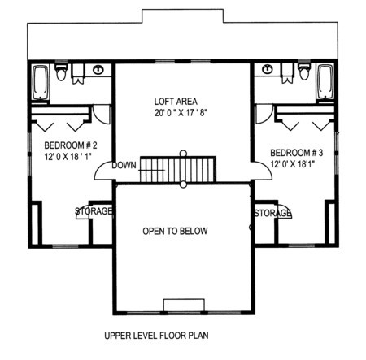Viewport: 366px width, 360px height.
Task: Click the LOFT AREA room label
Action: (x=176, y=102)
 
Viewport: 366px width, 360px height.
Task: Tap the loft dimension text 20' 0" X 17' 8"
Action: (x=181, y=113)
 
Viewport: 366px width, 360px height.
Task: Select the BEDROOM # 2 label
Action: (x=71, y=145)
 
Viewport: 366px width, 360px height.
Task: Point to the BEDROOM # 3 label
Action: (x=297, y=153)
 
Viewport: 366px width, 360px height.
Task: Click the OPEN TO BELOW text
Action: (x=175, y=231)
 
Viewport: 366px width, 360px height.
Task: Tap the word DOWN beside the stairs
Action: (x=124, y=165)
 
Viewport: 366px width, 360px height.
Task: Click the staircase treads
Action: (x=178, y=170)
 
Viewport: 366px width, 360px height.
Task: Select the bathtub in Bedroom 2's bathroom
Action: (x=41, y=83)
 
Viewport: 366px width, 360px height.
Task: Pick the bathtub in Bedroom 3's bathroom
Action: (x=325, y=82)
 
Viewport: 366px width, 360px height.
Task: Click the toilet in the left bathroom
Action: (x=61, y=72)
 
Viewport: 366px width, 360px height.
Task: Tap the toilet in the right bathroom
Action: (x=304, y=71)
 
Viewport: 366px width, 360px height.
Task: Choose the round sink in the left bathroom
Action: (x=98, y=70)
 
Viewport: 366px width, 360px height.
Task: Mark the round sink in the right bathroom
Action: (x=268, y=69)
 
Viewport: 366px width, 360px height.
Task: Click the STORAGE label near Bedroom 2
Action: (x=94, y=211)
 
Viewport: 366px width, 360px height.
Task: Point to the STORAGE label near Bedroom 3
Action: (x=272, y=213)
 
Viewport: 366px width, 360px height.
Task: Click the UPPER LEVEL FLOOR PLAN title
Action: (x=156, y=336)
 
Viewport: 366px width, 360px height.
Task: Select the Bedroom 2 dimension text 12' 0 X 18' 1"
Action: (x=68, y=157)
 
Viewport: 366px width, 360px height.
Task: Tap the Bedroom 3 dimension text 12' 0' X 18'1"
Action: (x=292, y=164)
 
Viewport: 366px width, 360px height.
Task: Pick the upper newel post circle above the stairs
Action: (x=184, y=153)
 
